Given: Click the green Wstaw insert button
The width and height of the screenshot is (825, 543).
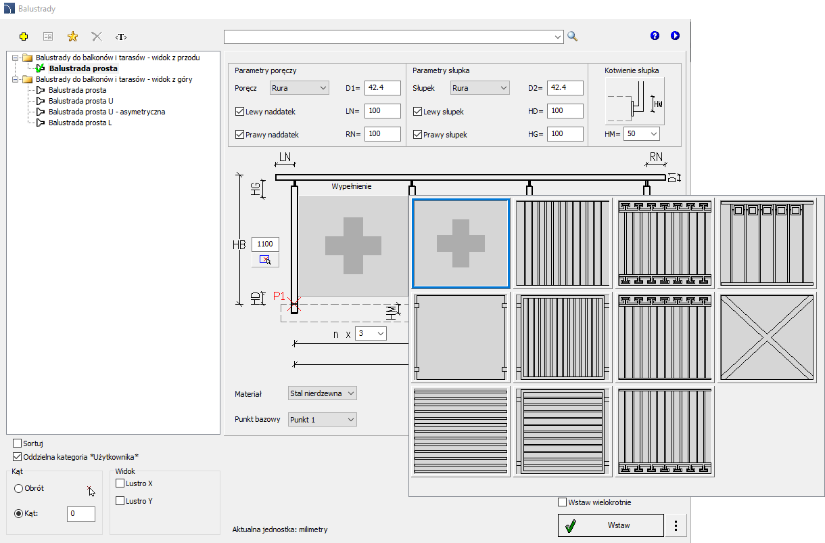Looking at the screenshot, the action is tap(611, 525).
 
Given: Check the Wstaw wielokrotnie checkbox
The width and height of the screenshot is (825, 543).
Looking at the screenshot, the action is tap(562, 502).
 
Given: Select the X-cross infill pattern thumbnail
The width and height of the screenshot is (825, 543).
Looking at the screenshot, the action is tap(767, 337).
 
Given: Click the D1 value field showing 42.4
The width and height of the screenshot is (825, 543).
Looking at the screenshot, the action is tap(382, 88).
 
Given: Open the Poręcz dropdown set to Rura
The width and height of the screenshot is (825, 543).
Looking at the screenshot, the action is tap(299, 88).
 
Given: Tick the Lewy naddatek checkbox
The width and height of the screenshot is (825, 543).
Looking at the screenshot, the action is tap(239, 111).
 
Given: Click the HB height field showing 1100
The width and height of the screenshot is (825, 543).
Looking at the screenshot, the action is tap(265, 244).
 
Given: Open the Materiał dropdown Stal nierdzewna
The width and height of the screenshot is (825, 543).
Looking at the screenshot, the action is tap(322, 393).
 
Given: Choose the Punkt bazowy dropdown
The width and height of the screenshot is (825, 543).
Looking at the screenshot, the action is tap(322, 420).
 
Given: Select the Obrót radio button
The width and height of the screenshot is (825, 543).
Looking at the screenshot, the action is tap(18, 488).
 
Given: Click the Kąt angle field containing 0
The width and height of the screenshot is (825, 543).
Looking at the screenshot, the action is tap(81, 513).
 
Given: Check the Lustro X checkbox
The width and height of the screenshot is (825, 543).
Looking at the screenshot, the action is tap(120, 483).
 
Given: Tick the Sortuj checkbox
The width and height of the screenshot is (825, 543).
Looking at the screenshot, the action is tap(17, 443).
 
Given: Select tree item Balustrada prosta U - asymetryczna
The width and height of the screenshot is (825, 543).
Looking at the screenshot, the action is tap(107, 112).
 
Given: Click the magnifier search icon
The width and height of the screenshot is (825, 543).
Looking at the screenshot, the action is tap(572, 36).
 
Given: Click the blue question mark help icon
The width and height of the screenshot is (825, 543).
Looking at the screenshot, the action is tap(655, 36).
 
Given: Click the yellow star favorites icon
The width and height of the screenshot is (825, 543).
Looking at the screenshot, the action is tap(72, 37).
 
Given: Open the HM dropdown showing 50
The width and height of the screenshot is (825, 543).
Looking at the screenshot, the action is tap(641, 134).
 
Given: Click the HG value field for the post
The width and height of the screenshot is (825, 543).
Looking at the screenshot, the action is tap(565, 134).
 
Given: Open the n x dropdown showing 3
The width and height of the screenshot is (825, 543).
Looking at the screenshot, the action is tap(371, 334).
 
